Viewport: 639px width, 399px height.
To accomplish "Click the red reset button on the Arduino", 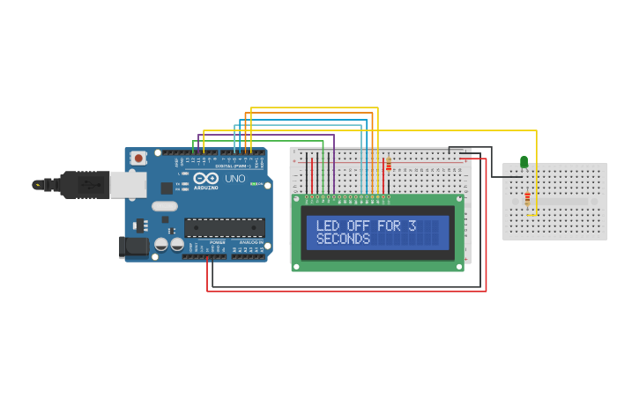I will point(138,159).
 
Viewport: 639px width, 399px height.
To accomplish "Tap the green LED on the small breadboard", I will point(524,162).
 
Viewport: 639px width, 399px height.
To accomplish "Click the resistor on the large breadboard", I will point(388,165).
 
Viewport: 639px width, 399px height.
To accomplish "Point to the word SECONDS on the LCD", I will point(343,239).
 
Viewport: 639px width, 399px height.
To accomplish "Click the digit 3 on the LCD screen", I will point(412,225).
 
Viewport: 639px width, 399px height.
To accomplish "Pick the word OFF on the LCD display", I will point(358,225).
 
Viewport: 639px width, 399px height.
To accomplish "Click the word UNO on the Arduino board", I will point(235,179).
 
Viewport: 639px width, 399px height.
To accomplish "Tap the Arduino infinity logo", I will point(205,179).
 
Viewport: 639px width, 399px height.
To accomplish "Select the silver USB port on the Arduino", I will point(127,183).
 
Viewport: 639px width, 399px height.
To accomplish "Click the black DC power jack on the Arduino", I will point(133,246).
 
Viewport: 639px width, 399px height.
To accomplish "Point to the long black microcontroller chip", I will point(225,227).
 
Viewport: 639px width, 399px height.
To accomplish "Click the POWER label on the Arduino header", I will point(217,241).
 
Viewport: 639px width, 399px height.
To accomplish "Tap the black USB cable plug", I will point(85,184).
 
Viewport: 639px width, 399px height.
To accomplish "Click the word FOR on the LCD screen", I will point(388,225).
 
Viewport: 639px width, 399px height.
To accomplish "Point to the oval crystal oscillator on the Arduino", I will point(164,207).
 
